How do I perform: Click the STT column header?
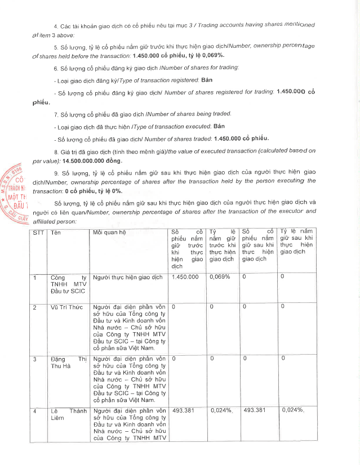pos(38,232)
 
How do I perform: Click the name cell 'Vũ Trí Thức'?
pos(66,307)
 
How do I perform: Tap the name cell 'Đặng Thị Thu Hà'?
pos(68,363)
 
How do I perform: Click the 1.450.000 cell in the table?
pos(185,278)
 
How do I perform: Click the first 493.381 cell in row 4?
pos(183,410)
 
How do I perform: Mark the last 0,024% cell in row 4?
pos(292,410)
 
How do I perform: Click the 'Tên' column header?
pos(56,232)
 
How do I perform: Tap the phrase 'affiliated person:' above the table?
pos(52,222)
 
